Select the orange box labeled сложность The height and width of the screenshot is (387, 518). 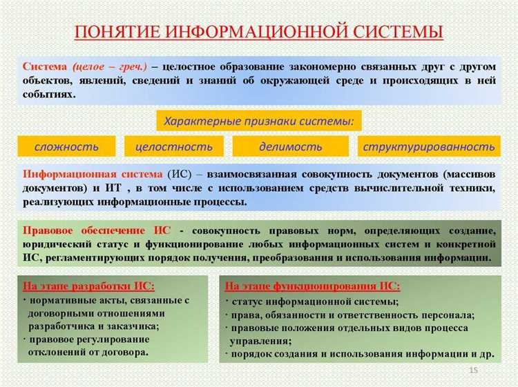click(x=67, y=146)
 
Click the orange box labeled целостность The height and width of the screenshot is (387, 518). click(x=174, y=146)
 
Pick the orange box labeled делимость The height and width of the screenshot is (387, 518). click(x=290, y=146)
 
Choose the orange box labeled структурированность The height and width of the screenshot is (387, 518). click(x=429, y=146)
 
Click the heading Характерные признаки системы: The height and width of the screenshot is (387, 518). click(x=259, y=121)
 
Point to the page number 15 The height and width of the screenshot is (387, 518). click(x=473, y=371)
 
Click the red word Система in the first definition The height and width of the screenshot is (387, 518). click(x=45, y=67)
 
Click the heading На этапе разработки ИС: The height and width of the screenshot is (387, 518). click(x=88, y=286)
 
